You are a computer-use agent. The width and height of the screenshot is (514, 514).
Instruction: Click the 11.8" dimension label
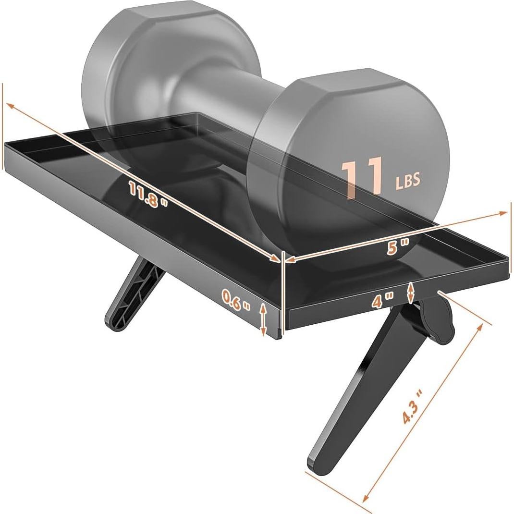point(148,194)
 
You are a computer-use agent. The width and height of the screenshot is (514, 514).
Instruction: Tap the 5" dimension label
point(398,247)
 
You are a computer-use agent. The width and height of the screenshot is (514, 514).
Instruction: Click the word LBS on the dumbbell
point(408,180)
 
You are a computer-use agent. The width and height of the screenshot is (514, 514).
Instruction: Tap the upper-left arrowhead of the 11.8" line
point(8,105)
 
